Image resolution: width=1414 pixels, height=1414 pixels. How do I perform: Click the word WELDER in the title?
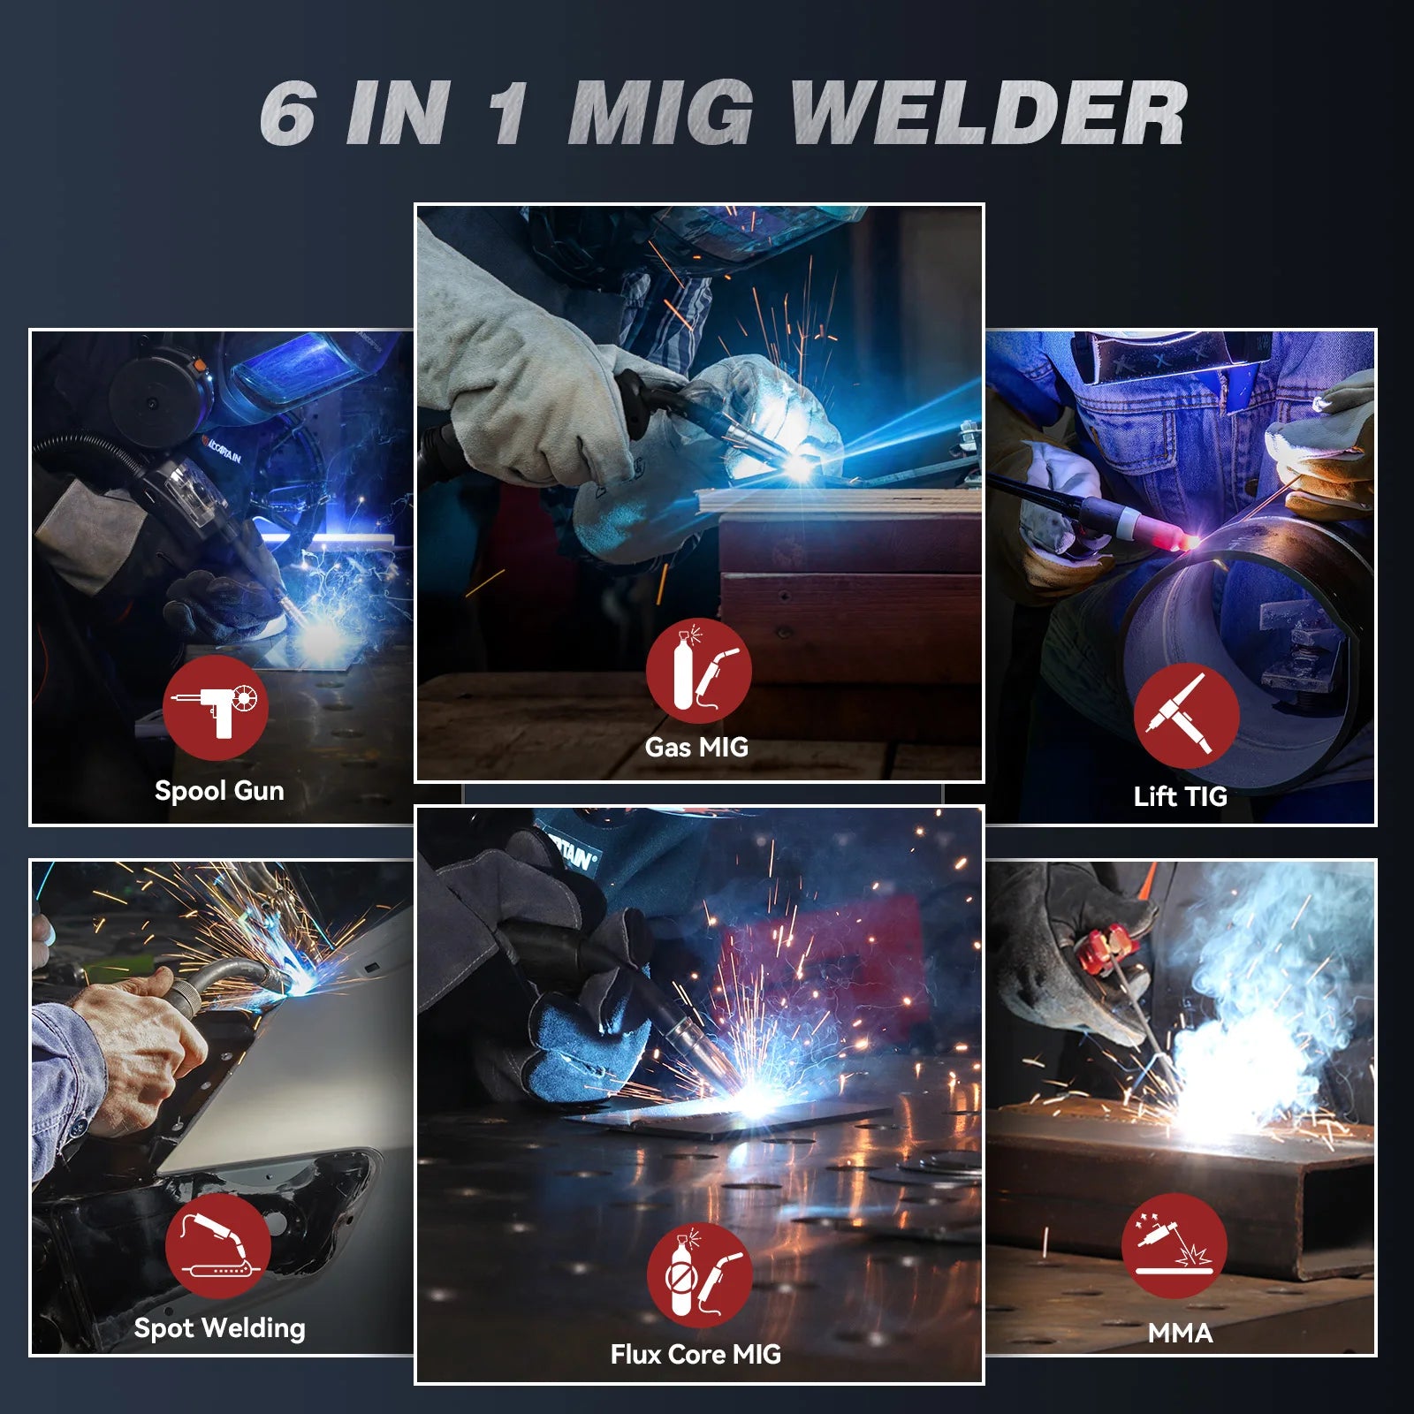[x=987, y=113]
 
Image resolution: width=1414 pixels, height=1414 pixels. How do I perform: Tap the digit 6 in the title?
[x=289, y=113]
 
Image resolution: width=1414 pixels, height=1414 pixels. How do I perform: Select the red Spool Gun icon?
[x=215, y=707]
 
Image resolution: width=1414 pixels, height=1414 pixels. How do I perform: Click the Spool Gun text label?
[x=219, y=791]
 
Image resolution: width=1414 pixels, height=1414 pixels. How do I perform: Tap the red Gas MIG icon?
[x=698, y=671]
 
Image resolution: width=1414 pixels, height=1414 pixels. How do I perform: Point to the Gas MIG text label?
[x=696, y=748]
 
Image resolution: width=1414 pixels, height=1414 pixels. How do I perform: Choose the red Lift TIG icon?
[x=1186, y=716]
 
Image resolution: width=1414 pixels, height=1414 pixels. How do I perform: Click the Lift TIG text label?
[x=1181, y=796]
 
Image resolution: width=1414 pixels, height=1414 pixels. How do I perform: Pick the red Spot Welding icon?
[x=217, y=1246]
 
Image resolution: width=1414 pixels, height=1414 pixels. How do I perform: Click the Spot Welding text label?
[x=219, y=1328]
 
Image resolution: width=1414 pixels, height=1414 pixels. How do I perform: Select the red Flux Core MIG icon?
[x=700, y=1275]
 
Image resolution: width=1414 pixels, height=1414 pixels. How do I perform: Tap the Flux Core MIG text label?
[x=696, y=1355]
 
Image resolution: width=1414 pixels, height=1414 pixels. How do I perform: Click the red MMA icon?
[x=1175, y=1246]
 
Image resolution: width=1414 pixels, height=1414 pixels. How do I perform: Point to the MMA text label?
[x=1180, y=1333]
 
